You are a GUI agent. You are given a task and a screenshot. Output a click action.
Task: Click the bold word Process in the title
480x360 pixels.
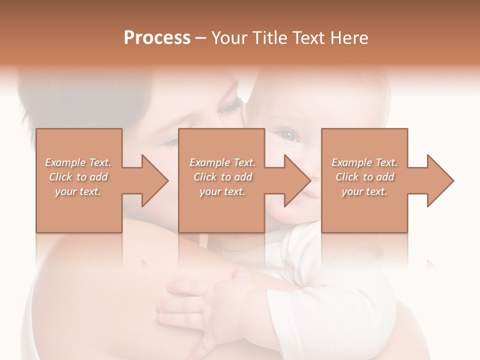point(157,38)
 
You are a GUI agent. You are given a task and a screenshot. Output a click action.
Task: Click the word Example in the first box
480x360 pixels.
point(65,162)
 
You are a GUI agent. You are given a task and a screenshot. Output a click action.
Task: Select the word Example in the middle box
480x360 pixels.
point(209,162)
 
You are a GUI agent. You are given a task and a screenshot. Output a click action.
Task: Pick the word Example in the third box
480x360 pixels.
point(351,162)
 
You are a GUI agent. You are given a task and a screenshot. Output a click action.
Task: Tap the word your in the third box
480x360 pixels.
point(352,191)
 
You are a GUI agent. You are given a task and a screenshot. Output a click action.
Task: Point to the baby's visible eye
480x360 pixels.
point(288,134)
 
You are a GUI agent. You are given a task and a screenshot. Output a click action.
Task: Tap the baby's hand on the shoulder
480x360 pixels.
point(200,305)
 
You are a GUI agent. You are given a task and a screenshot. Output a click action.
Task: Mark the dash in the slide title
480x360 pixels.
point(200,38)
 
